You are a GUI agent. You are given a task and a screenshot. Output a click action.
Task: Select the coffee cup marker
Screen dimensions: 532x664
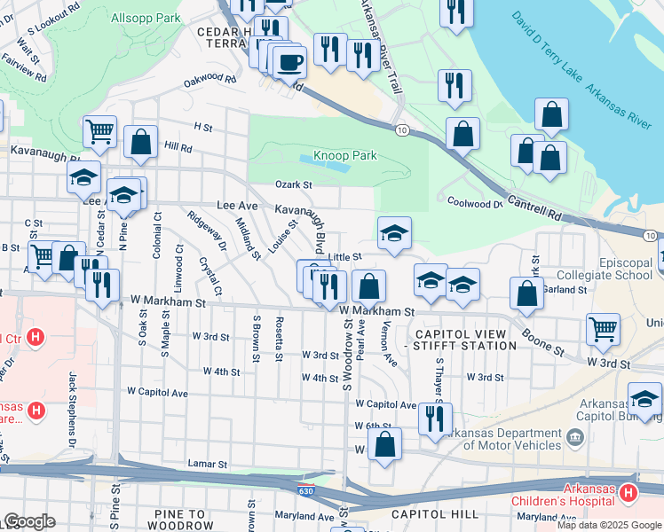click(x=289, y=63)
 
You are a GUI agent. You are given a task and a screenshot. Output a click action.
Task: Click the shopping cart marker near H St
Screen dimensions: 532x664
click(x=99, y=132)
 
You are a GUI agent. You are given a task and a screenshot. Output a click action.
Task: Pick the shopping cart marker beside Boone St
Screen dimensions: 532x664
click(x=604, y=330)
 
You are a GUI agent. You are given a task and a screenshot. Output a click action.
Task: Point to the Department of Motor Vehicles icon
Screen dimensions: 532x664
click(x=575, y=435)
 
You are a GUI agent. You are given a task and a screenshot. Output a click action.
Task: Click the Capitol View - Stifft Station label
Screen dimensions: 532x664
click(x=461, y=340)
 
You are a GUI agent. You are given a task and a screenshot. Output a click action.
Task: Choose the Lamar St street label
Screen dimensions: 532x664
click(x=208, y=464)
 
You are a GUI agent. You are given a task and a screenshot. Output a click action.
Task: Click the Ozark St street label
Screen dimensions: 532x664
click(x=295, y=184)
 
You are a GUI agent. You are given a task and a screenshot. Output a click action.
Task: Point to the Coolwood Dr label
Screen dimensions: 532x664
click(x=475, y=202)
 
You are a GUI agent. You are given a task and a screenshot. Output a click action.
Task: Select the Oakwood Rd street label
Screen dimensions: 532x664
click(x=209, y=80)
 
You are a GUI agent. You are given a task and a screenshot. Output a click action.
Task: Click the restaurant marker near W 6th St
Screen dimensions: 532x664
click(x=433, y=419)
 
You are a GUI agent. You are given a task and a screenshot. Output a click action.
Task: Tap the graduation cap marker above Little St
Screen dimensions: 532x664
click(x=394, y=233)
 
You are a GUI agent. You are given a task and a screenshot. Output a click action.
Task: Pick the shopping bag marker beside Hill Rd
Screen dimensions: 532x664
click(x=140, y=142)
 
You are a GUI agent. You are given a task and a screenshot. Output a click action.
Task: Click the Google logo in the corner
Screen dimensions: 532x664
click(x=29, y=521)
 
